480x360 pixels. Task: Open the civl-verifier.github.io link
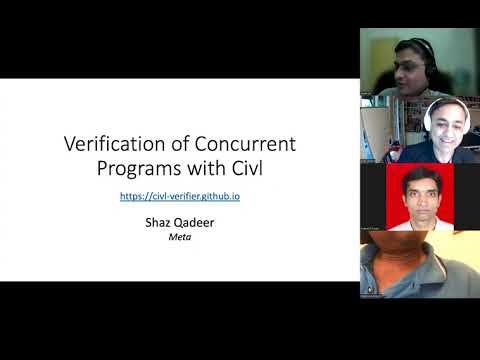click(x=179, y=197)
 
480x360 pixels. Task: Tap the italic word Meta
click(x=180, y=240)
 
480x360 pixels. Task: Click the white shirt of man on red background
click(x=420, y=222)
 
